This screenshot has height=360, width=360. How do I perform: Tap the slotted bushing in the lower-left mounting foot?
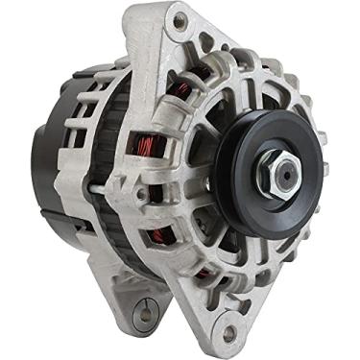147,311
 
